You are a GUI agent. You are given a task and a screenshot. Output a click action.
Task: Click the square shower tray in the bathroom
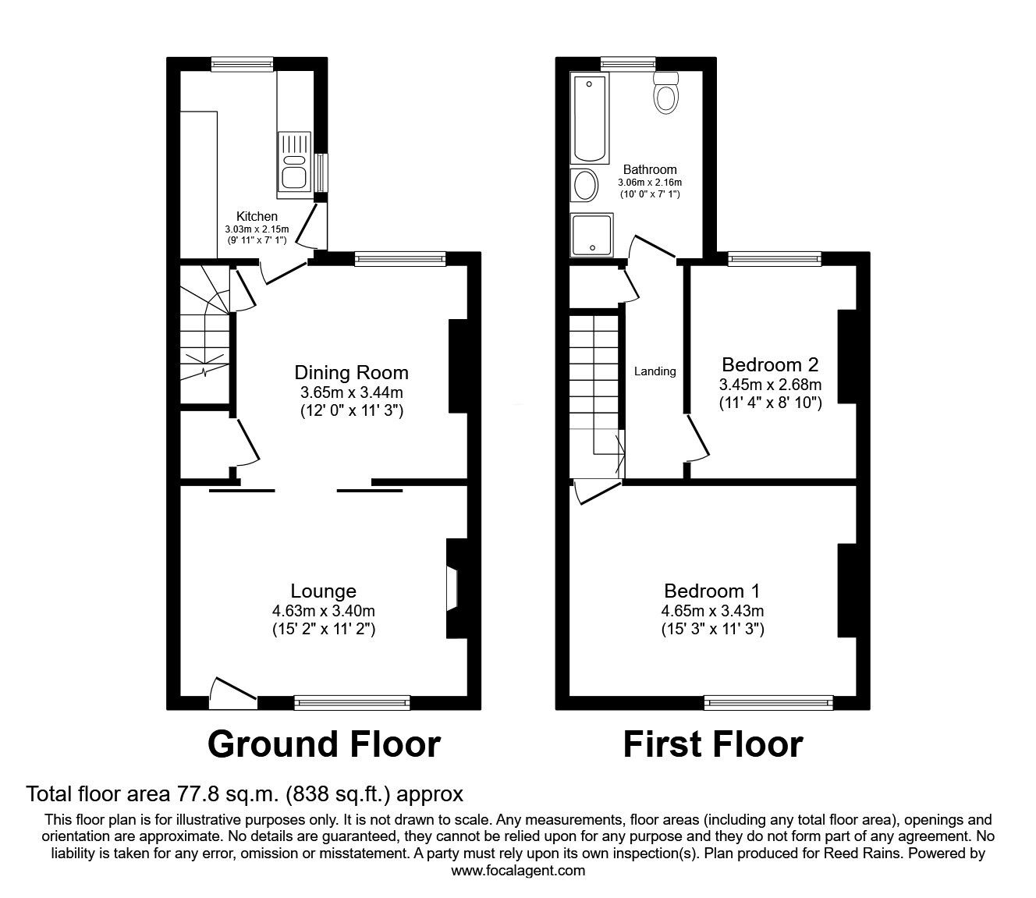(592, 235)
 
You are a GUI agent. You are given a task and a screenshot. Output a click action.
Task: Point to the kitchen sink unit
(294, 161)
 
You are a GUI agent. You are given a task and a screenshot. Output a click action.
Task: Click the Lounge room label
(323, 591)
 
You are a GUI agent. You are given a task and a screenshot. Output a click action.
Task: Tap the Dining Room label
(351, 372)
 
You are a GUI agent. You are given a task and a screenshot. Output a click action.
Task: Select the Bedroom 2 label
(770, 364)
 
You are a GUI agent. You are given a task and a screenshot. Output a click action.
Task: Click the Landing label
(655, 371)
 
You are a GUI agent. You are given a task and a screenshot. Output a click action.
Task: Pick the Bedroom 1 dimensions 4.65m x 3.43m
(713, 610)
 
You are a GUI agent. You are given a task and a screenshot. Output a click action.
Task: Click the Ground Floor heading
(324, 744)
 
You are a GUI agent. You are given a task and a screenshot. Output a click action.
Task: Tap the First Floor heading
(712, 744)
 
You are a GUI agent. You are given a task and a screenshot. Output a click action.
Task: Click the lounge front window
(352, 703)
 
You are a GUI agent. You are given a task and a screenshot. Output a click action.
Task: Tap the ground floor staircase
(204, 335)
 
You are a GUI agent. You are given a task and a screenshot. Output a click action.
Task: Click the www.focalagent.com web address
(518, 871)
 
